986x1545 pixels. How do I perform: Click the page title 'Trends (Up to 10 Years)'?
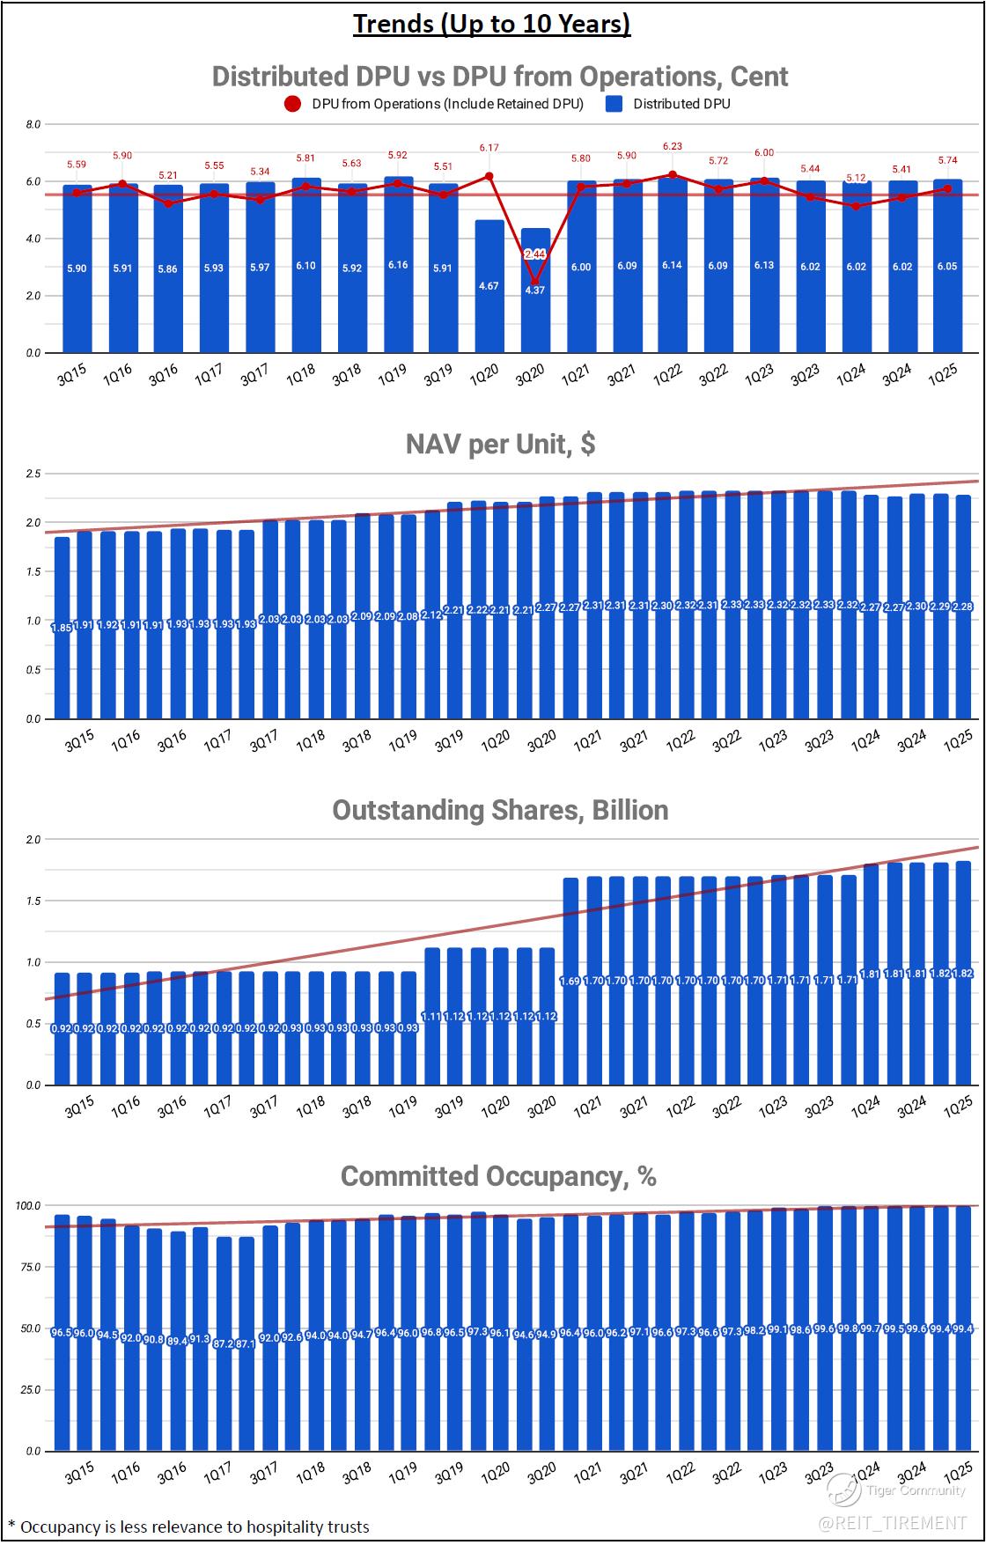491,24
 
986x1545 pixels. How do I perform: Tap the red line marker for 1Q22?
673,174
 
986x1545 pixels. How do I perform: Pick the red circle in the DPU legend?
292,104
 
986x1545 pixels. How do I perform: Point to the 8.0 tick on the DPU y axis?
33,124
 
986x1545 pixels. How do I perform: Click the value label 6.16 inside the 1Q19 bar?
397,265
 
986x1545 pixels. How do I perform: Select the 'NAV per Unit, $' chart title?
500,444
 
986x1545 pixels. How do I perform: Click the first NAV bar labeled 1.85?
62,628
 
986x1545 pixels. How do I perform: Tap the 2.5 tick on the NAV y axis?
33,474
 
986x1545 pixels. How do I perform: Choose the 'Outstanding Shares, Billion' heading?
500,810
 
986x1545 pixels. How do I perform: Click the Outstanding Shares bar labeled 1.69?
570,981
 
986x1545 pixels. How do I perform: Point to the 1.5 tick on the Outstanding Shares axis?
33,901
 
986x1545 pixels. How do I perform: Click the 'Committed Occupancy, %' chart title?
498,1176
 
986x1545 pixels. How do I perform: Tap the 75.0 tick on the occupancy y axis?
29,1267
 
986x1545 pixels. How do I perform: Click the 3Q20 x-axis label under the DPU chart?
530,376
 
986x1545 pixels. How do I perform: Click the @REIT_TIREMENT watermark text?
893,1523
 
